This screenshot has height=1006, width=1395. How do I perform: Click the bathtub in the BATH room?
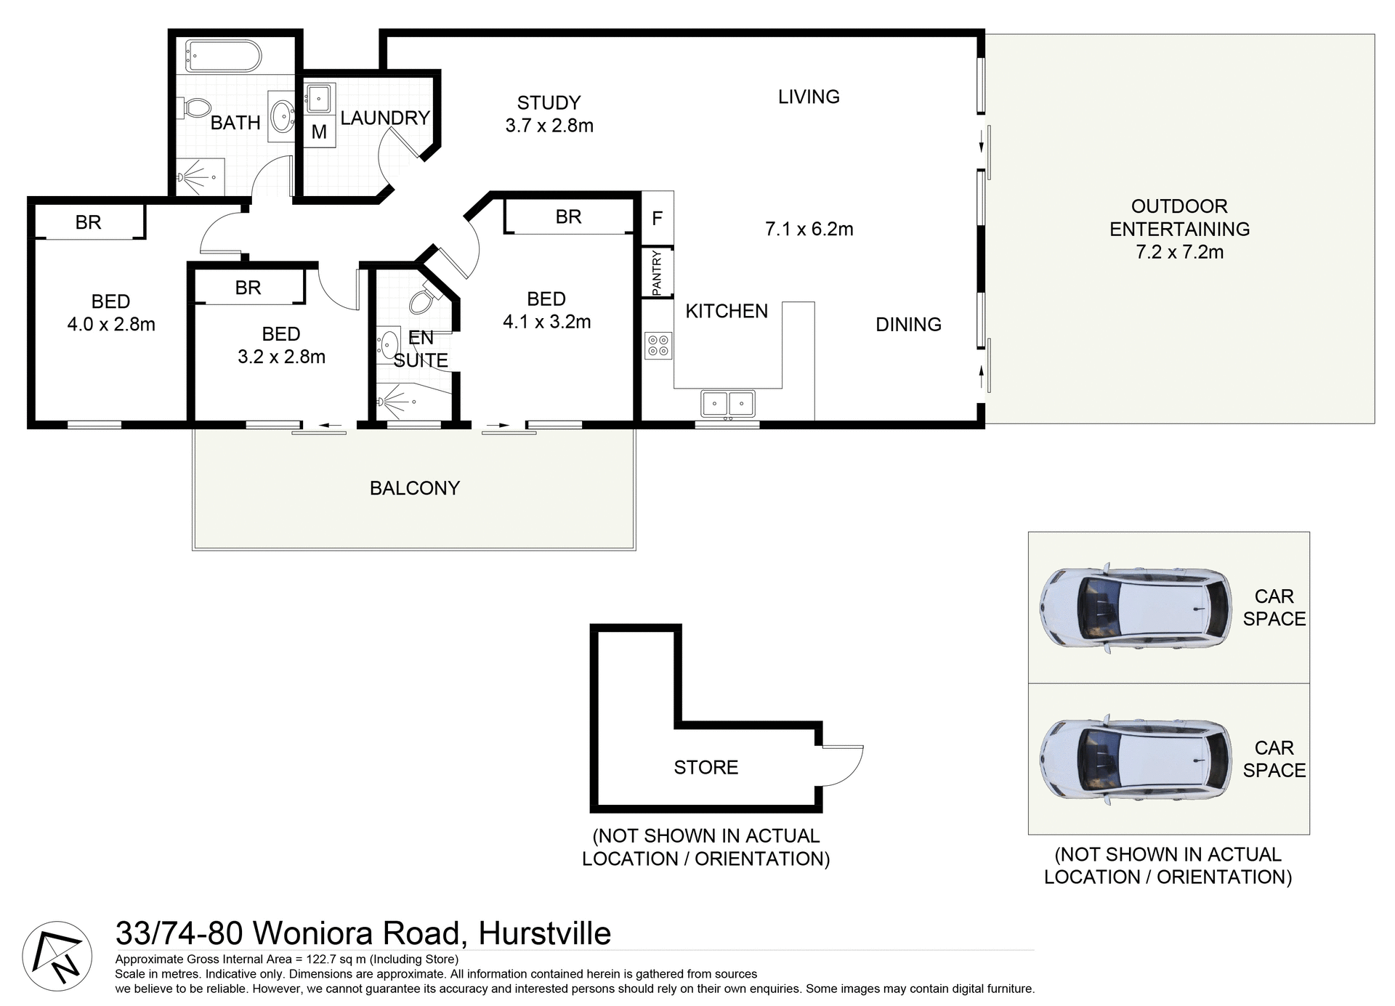click(223, 56)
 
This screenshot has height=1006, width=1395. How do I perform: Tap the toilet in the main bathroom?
click(193, 109)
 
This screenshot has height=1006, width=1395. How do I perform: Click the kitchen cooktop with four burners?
click(658, 345)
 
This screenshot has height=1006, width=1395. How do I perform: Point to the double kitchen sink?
click(727, 403)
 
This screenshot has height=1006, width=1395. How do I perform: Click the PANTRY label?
click(657, 272)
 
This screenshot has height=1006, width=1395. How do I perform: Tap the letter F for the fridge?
click(657, 218)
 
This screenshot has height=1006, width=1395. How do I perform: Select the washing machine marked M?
click(319, 132)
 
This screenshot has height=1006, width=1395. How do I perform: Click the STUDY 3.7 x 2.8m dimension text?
click(549, 126)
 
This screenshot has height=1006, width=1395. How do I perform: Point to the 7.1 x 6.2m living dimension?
click(809, 230)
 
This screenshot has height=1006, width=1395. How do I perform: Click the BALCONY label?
click(414, 488)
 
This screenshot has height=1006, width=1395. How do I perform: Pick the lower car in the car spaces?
click(1135, 758)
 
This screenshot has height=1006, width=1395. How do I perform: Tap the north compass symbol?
click(57, 956)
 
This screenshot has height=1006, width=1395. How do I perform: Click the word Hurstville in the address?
click(544, 934)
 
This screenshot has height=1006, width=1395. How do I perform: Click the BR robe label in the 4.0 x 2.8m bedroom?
click(88, 222)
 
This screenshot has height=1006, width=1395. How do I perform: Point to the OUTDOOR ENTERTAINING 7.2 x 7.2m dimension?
click(1179, 252)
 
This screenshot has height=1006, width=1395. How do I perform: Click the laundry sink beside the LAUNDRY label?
click(318, 98)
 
